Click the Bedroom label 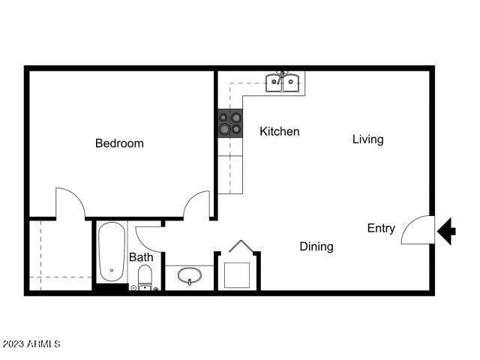click(x=119, y=143)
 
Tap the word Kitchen click(x=279, y=131)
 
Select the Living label click(x=367, y=139)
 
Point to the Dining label click(x=316, y=246)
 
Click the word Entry click(x=381, y=228)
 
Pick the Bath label click(x=141, y=257)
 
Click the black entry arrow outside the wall click(x=446, y=230)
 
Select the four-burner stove click(x=230, y=123)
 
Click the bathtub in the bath click(x=112, y=252)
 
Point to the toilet click(x=145, y=277)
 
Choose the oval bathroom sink click(x=190, y=277)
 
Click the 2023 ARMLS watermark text click(x=31, y=343)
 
